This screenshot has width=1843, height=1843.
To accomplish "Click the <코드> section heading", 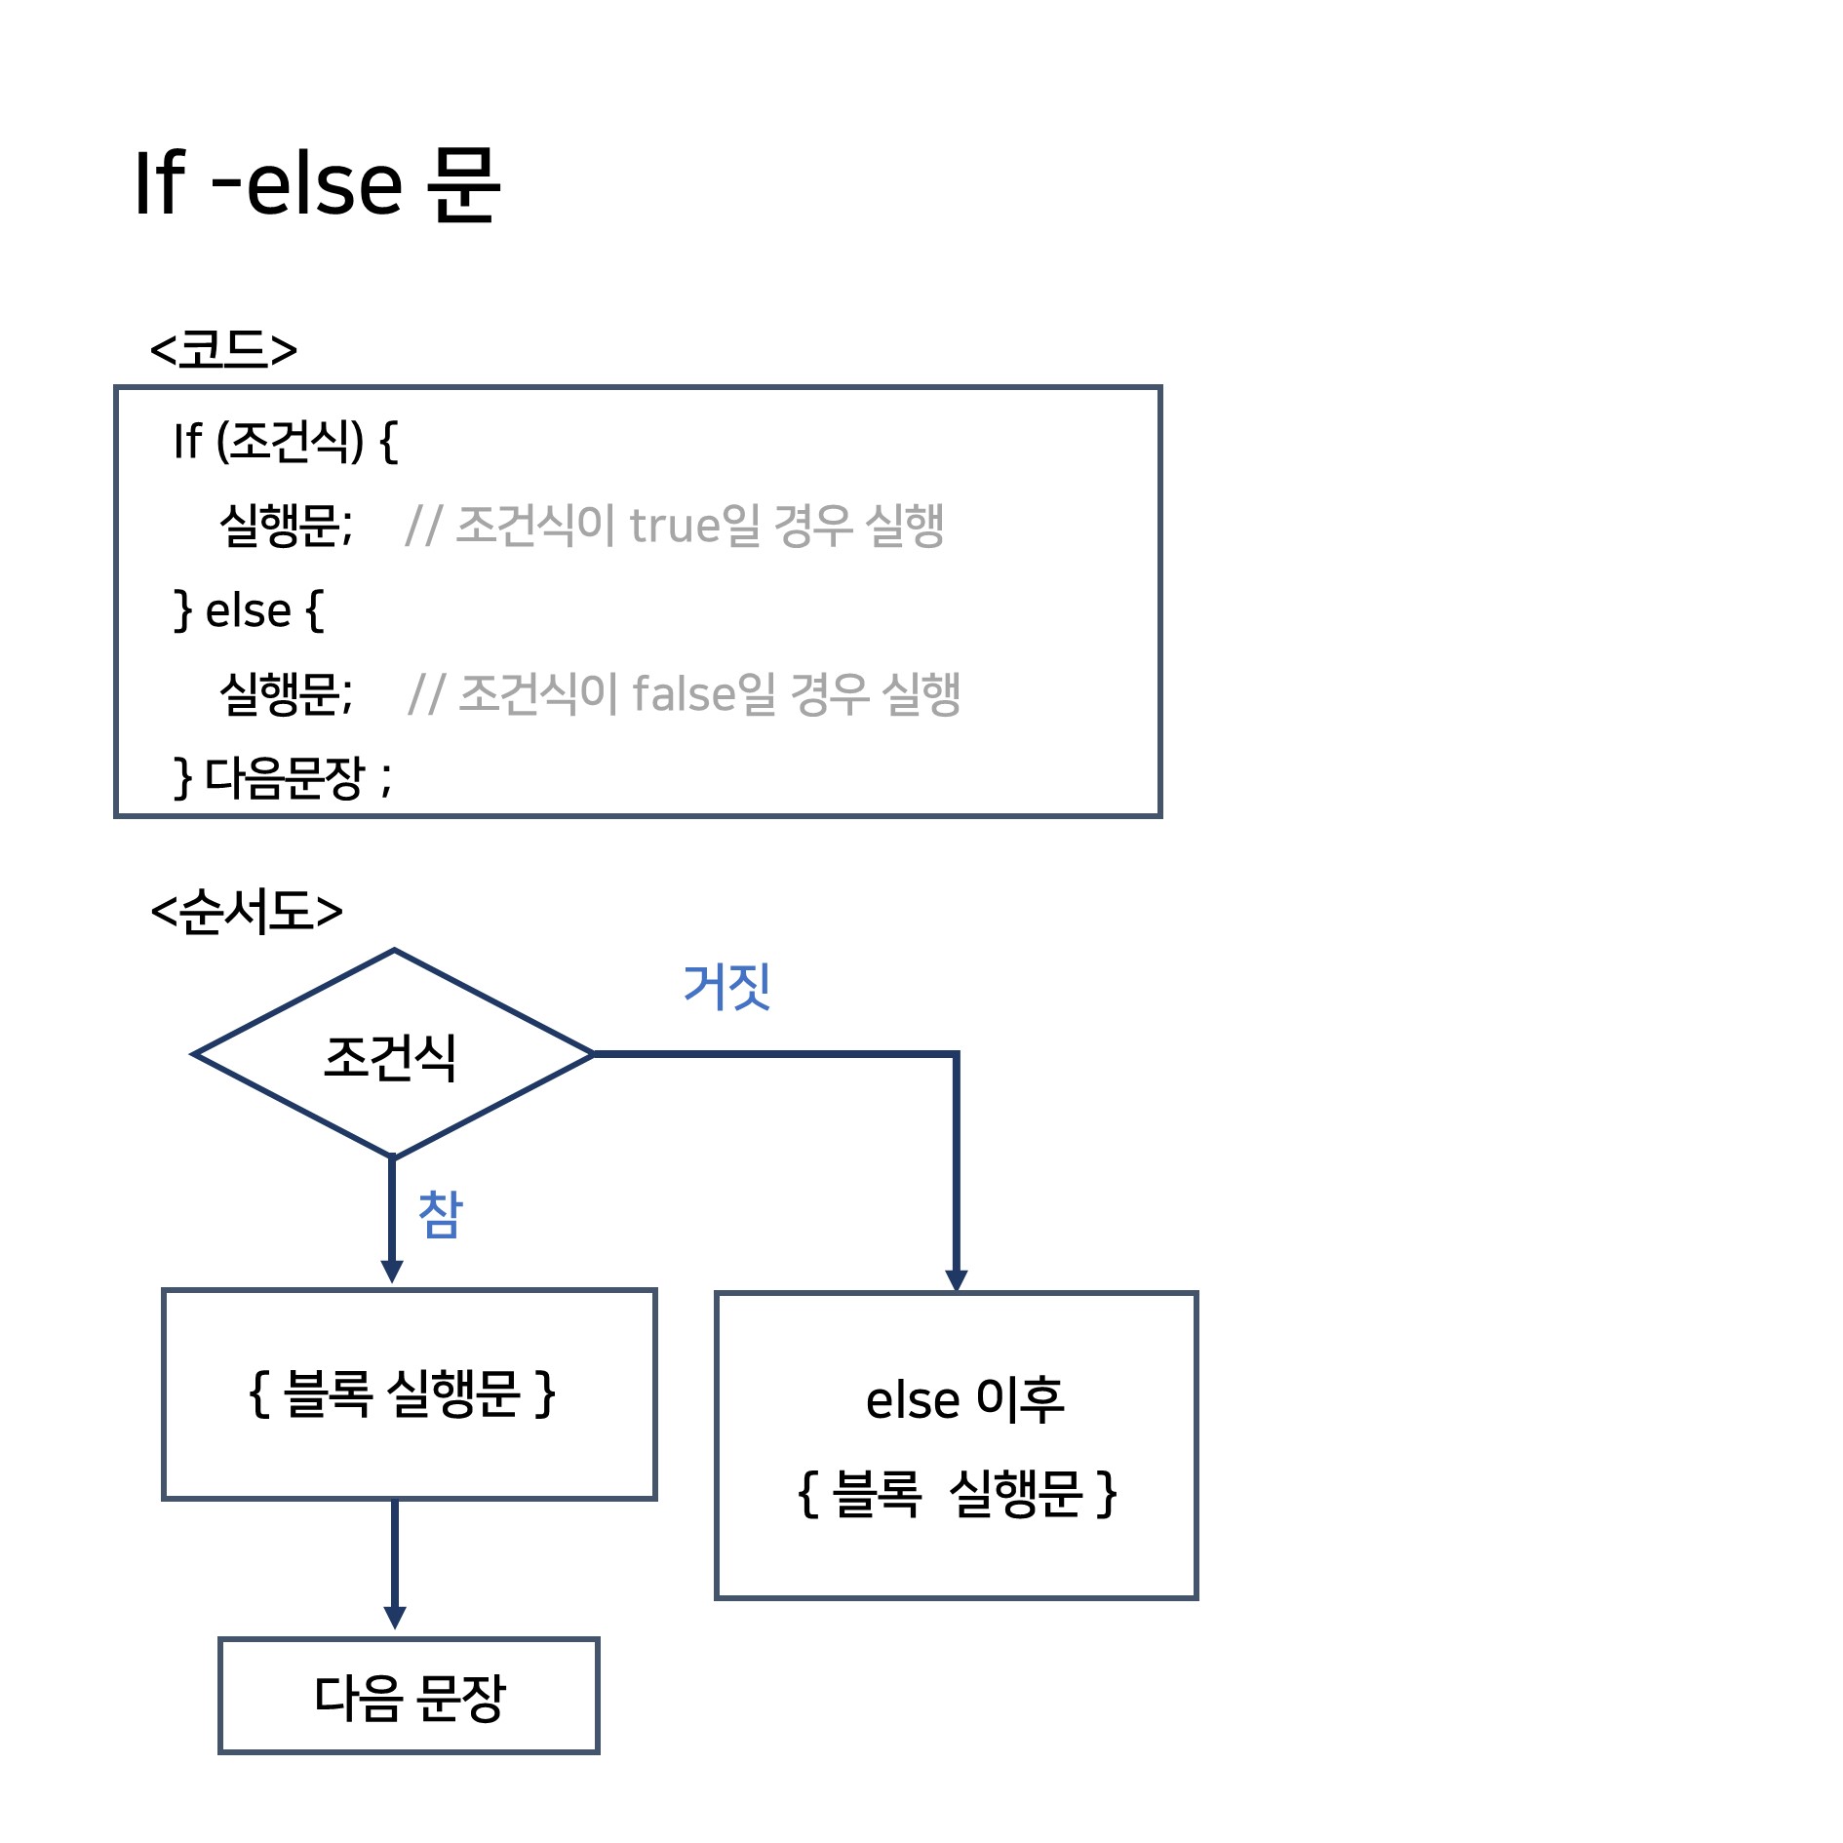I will [x=223, y=349].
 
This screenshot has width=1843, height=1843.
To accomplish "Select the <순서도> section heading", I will [x=247, y=912].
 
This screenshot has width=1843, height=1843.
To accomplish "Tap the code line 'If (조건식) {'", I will [x=286, y=441].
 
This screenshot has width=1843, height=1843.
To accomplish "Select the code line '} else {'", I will [x=248, y=610].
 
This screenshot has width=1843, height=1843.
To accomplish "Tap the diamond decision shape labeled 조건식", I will [x=393, y=1054].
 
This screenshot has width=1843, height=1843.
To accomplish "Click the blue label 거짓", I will [x=727, y=986].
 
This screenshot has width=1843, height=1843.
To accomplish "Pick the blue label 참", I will [x=441, y=1214].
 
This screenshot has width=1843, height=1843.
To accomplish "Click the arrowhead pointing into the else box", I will [x=957, y=1279].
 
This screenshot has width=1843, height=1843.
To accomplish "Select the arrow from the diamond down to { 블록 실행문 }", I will [x=392, y=1219].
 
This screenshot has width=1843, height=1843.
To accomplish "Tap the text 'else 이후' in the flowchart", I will [x=964, y=1399].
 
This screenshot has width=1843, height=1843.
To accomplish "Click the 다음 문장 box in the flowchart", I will [x=409, y=1697].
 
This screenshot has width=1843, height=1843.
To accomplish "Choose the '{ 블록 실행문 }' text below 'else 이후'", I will [x=958, y=1493].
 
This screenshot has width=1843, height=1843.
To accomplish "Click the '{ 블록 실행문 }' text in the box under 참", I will [x=403, y=1392].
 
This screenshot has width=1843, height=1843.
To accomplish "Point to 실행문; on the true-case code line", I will [x=286, y=525].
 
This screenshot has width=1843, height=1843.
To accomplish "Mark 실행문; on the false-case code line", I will [x=286, y=693].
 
